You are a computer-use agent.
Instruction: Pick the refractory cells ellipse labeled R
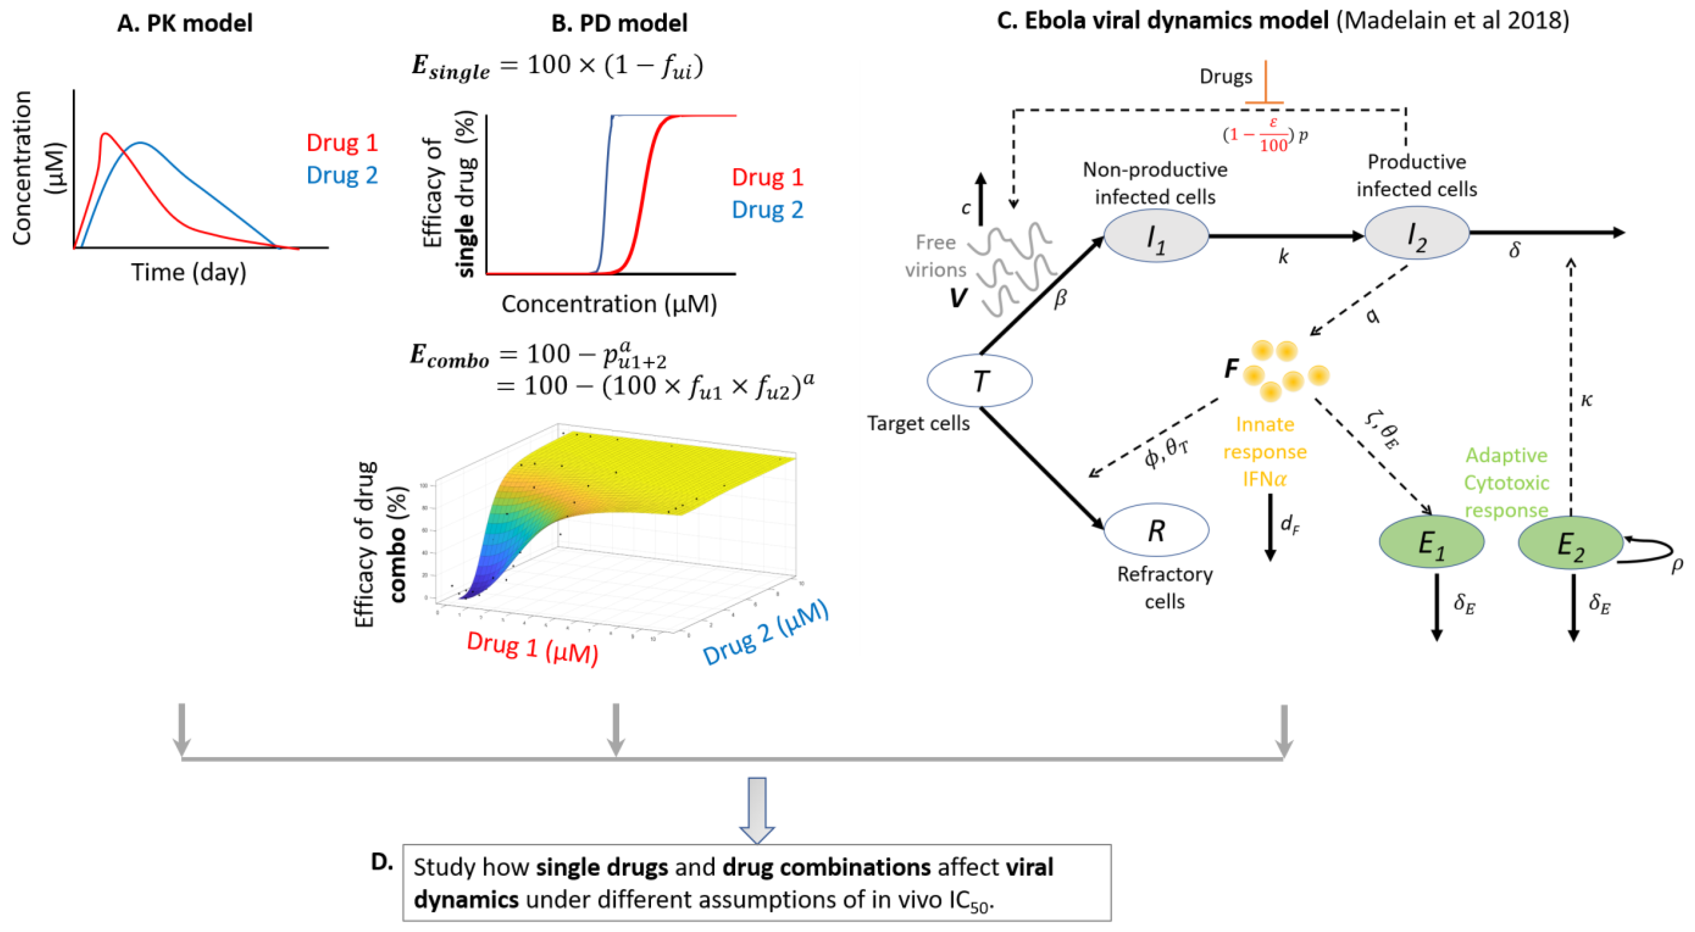pos(1156,530)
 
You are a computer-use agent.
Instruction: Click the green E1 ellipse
pos(1431,542)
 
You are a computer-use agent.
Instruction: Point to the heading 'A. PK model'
pos(185,23)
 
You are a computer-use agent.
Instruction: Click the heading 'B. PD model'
pos(619,23)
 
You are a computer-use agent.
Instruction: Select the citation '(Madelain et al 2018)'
pos(1452,20)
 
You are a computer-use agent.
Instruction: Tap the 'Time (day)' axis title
pos(189,272)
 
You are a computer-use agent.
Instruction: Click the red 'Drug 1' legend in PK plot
pos(342,143)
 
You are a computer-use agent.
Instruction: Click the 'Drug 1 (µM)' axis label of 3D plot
pos(532,647)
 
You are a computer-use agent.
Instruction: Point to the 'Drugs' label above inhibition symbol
pos(1225,76)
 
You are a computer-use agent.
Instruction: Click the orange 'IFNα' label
pos(1264,479)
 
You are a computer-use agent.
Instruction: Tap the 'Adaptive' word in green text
pos(1506,455)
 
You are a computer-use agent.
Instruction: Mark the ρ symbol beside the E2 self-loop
pos(1677,564)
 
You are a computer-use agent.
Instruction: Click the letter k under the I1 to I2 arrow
pos(1283,257)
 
